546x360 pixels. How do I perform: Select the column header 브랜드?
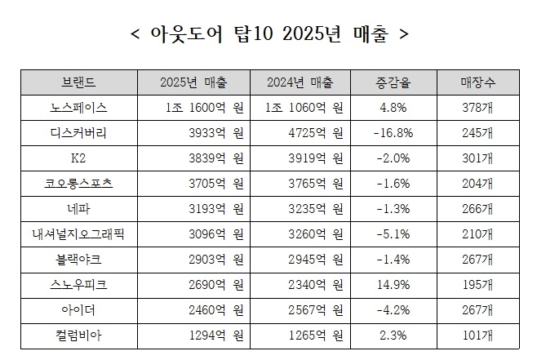[78, 82]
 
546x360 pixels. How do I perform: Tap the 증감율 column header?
[392, 82]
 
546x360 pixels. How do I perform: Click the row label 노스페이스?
[78, 108]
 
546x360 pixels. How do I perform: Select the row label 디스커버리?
[78, 133]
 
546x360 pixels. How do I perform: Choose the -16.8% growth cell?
[392, 133]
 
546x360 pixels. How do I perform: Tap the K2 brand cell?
[78, 158]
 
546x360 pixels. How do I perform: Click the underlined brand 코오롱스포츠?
[78, 184]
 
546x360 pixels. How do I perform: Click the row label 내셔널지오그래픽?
[78, 234]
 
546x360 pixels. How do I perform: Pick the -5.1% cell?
[392, 234]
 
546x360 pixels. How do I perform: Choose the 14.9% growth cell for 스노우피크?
[392, 285]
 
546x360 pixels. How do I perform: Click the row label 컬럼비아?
[78, 336]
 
